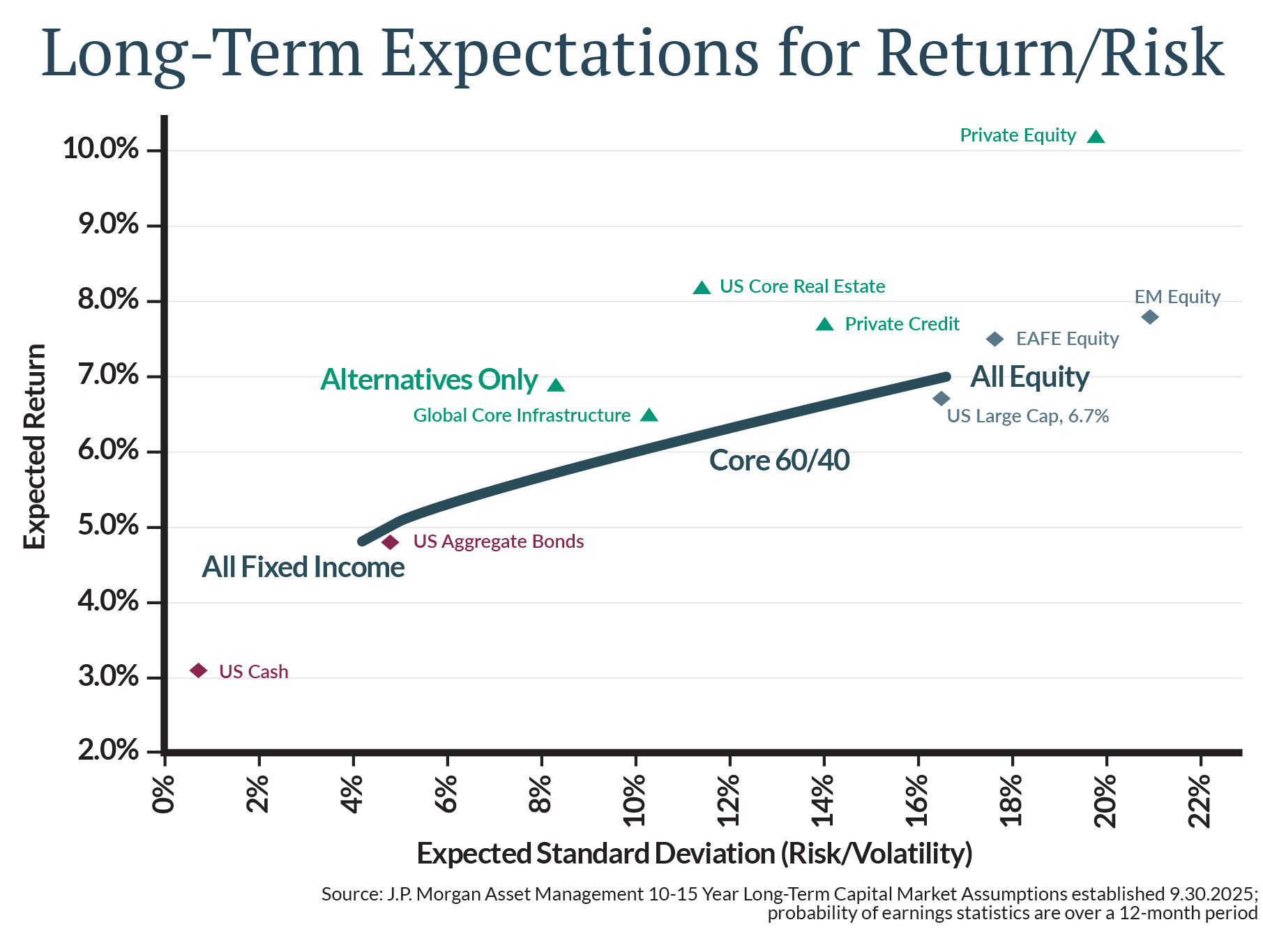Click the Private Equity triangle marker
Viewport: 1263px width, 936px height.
pyautogui.click(x=1096, y=137)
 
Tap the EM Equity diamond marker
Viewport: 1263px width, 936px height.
pyautogui.click(x=1150, y=317)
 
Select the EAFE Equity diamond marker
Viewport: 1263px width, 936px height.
pyautogui.click(x=995, y=339)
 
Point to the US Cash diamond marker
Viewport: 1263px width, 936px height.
pyautogui.click(x=199, y=670)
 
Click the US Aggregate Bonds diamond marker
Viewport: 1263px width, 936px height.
pyautogui.click(x=391, y=542)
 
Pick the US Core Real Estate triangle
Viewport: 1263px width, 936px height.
pyautogui.click(x=702, y=288)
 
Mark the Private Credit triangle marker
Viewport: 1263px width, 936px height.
pyautogui.click(x=825, y=325)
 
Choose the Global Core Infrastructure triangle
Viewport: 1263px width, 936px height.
pyautogui.click(x=649, y=416)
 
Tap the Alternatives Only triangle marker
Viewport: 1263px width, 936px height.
pyautogui.click(x=556, y=385)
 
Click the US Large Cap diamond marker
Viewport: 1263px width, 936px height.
pyautogui.click(x=941, y=399)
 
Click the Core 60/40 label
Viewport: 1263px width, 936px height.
pyautogui.click(x=779, y=461)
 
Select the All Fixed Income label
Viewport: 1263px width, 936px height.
pyautogui.click(x=303, y=567)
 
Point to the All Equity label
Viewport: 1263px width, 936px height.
pyautogui.click(x=1029, y=377)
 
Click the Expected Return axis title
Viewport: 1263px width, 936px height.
pyautogui.click(x=34, y=446)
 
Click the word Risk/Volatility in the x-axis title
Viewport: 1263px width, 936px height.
pyautogui.click(x=876, y=854)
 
